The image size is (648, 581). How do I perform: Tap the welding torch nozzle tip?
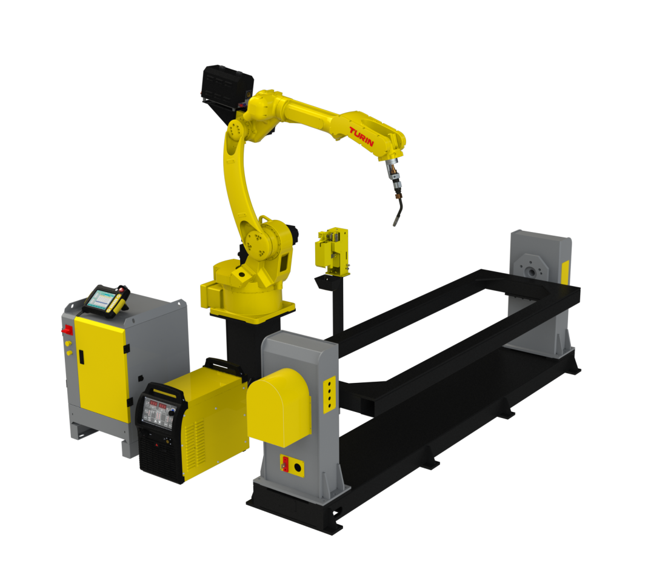pyautogui.click(x=396, y=222)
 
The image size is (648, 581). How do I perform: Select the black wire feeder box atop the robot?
pyautogui.click(x=227, y=88)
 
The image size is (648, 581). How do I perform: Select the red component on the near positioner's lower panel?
pyautogui.click(x=284, y=464)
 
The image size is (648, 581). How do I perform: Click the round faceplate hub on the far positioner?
pyautogui.click(x=531, y=271)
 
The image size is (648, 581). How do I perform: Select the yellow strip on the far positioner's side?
pyautogui.click(x=565, y=272)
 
